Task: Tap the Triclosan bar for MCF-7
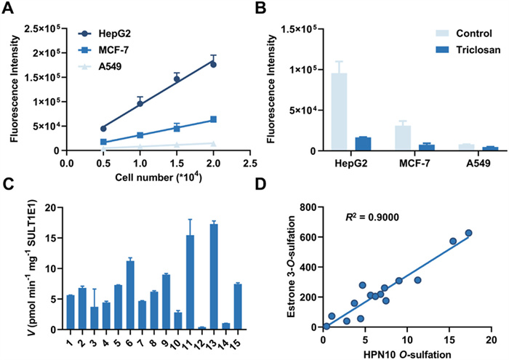pos(407,147)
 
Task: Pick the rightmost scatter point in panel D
pos(469,233)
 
